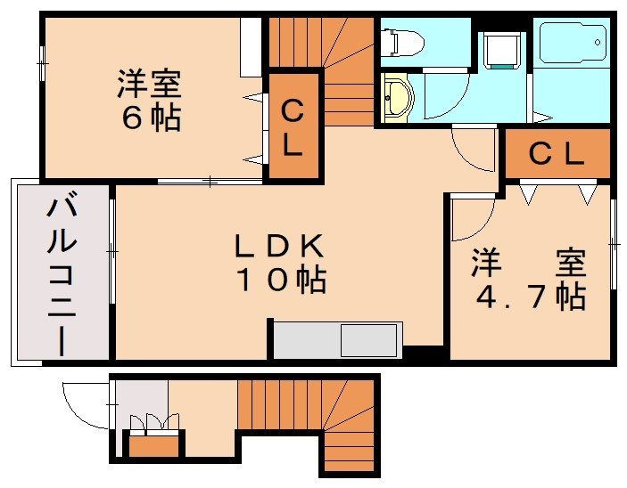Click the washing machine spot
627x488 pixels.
[x=499, y=51]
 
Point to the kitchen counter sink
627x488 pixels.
[x=370, y=341]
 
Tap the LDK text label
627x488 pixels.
[x=277, y=245]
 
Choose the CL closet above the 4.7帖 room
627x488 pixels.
[x=557, y=155]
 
